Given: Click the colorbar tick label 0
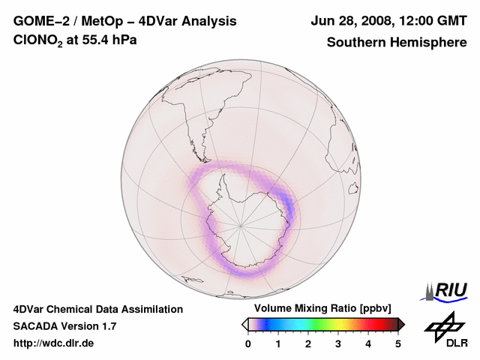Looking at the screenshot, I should point(248,343).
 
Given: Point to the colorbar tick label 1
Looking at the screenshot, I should point(278,343).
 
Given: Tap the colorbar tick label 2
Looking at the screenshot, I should point(308,343).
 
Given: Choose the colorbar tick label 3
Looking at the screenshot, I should point(338,343).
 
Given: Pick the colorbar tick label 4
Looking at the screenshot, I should point(368,343).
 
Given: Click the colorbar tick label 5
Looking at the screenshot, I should point(398,343).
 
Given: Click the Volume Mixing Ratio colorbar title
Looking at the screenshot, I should point(322,309).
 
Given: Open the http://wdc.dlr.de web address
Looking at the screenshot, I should point(54,343).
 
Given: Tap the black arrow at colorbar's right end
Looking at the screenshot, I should point(401,324).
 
